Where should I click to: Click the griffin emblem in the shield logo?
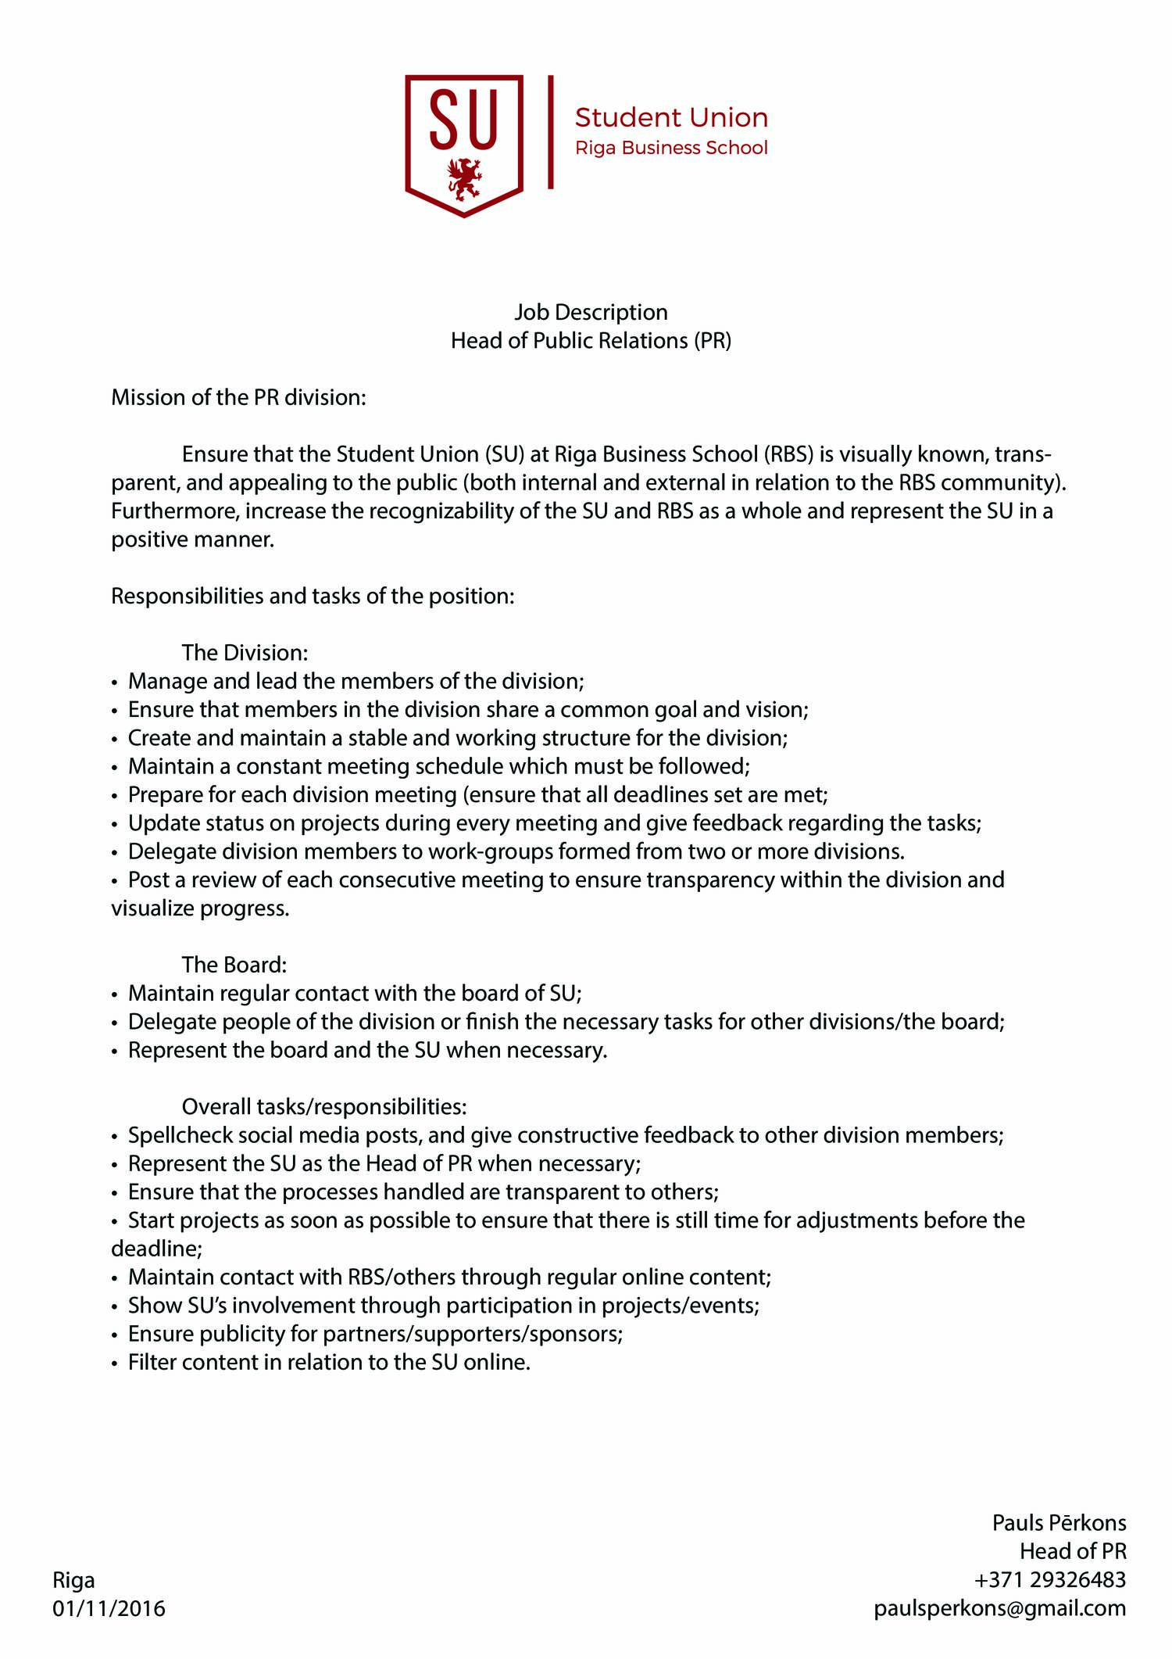[x=464, y=180]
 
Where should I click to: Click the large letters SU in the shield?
[x=463, y=120]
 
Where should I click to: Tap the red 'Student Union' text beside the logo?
[x=671, y=118]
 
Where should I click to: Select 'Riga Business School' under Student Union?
[x=671, y=148]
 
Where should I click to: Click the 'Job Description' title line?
[x=591, y=312]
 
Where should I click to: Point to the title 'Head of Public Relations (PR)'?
[x=591, y=341]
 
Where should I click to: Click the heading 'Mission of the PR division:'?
[x=238, y=397]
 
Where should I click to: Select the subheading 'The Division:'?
[x=245, y=653]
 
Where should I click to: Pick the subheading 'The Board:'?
[x=234, y=965]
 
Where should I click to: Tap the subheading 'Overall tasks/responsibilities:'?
[x=324, y=1107]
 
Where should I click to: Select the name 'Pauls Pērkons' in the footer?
[x=1059, y=1523]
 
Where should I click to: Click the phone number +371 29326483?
[x=1049, y=1580]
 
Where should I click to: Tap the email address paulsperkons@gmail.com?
[x=1000, y=1608]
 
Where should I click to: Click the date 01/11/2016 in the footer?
[x=109, y=1608]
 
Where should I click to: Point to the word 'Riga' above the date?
[x=73, y=1580]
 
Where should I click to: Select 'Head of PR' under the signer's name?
[x=1072, y=1551]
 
